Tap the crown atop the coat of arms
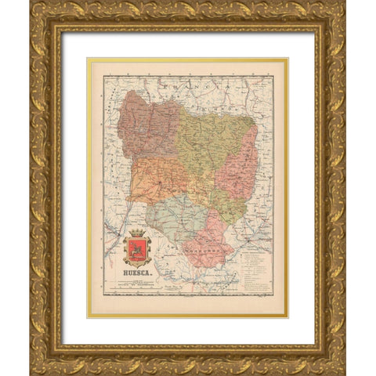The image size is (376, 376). (x=137, y=234)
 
